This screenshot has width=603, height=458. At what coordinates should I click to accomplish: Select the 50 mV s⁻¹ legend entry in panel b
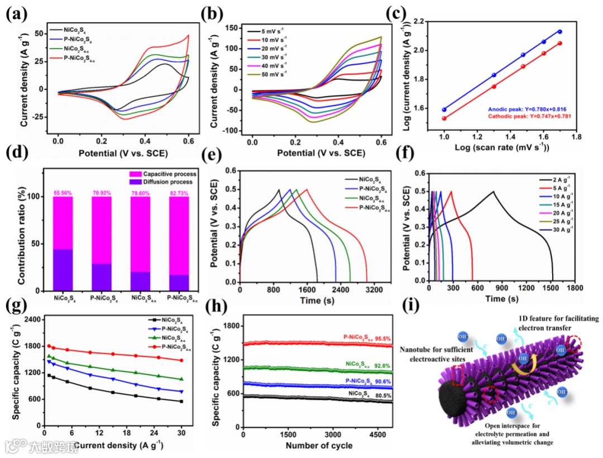(x=272, y=75)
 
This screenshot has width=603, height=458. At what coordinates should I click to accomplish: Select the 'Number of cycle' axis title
(x=319, y=445)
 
